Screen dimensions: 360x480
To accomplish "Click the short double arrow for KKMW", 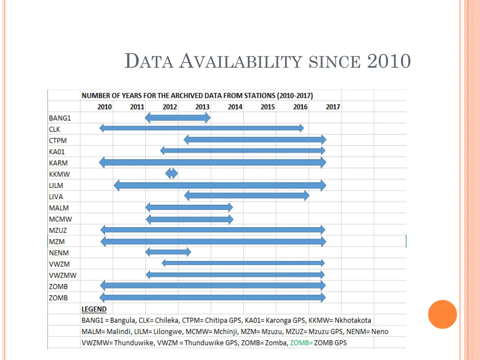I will tap(172, 173).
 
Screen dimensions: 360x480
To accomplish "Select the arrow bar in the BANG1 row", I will tap(178, 118).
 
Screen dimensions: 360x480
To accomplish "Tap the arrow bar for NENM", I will tap(168, 252).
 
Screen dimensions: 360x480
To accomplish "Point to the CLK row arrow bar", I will tap(202, 128).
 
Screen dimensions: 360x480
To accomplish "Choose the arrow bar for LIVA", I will tap(247, 195).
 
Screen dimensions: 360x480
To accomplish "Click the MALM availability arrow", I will tap(189, 207).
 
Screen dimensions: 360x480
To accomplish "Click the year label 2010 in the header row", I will tap(105, 107).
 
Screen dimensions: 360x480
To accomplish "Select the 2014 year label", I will tap(235, 107).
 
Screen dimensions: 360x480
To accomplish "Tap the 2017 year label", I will tap(333, 107).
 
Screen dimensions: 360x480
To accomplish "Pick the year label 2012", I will tap(170, 107).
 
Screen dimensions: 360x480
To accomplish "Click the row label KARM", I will tap(58, 163).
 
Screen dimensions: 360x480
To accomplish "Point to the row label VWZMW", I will tap(62, 275).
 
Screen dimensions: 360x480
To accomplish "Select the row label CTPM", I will tap(58, 141).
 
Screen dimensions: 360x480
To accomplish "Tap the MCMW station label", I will tap(60, 219).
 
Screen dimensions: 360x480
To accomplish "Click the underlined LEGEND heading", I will tap(94, 309).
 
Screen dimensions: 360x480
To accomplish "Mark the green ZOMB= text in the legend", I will tap(301, 343).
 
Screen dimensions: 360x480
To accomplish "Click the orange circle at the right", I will tap(442, 314).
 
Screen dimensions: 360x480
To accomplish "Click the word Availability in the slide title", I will tap(241, 61).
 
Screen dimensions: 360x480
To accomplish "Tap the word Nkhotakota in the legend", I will tap(353, 321).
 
